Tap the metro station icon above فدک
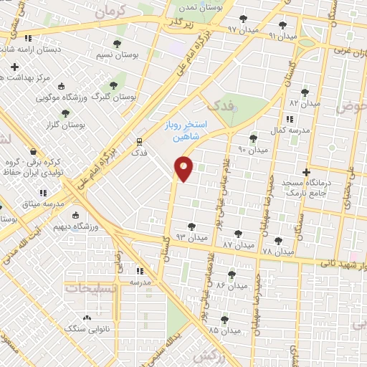(139, 141)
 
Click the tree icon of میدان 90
(252, 138)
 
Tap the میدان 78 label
(279, 252)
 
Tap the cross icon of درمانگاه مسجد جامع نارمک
(306, 172)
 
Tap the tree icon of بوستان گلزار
(65, 113)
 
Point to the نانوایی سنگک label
(86, 330)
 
